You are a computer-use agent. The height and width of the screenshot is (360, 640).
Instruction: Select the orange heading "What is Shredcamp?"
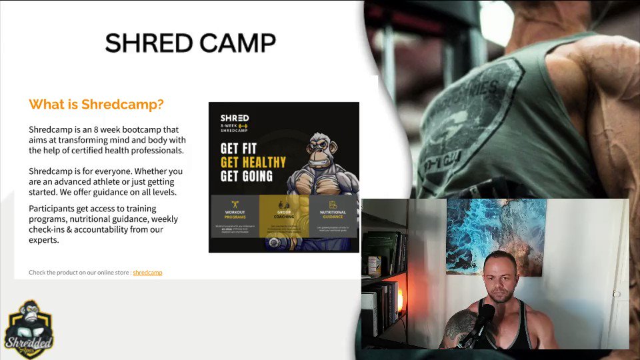coord(96,105)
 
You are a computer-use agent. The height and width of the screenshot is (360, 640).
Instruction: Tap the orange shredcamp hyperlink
coord(147,273)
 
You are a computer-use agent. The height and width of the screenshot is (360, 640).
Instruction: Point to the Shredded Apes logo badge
coord(29,329)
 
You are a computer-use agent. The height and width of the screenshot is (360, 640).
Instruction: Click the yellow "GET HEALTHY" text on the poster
coord(253,162)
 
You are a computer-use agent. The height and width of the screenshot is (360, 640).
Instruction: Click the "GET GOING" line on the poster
coord(247,176)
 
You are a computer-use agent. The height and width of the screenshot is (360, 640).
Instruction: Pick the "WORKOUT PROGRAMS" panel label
coord(235,215)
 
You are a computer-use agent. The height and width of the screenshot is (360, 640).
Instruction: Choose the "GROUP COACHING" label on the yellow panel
coord(283,215)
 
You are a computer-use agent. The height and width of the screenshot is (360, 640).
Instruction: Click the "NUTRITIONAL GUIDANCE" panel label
coord(333,215)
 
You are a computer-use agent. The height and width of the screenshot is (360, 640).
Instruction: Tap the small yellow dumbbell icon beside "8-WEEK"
coord(243,125)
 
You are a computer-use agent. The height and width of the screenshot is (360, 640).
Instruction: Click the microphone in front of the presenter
coord(483,320)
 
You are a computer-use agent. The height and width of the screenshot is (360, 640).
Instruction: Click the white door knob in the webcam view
coord(617,293)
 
